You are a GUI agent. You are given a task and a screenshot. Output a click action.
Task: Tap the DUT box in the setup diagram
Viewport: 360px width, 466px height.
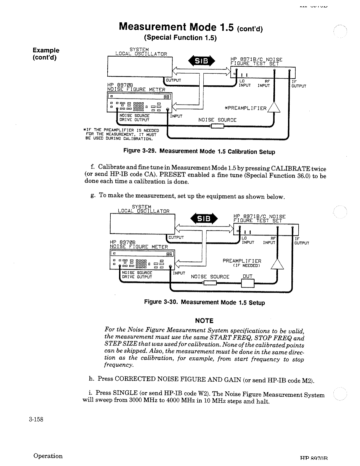247,283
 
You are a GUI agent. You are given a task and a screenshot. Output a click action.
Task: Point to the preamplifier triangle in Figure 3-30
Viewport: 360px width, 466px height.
277,264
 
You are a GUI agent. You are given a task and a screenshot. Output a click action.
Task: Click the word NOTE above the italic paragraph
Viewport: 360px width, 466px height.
204,320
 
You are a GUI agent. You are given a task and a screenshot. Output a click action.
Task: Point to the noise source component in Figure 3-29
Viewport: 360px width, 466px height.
217,126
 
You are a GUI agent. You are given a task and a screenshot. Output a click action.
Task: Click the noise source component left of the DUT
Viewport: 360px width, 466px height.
210,283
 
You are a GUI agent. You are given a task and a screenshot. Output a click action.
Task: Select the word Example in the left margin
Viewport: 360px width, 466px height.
46,50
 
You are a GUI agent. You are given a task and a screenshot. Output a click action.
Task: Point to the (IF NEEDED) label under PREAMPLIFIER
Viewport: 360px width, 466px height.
246,266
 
